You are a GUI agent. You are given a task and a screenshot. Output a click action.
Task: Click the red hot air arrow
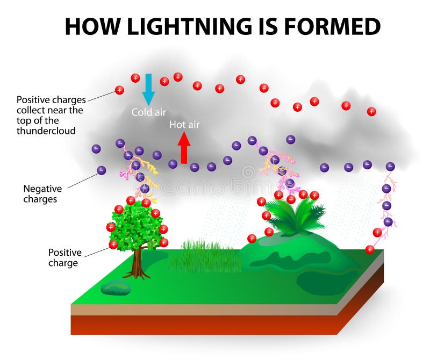coord(184,147)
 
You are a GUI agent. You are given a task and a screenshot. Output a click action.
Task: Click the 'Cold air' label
coord(149,112)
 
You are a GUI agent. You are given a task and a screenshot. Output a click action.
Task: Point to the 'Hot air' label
coord(184,125)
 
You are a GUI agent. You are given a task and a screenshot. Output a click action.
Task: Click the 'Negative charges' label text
coord(42,194)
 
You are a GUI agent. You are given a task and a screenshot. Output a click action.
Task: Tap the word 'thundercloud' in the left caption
coord(46,131)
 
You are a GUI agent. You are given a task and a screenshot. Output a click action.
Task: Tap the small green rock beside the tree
coord(116,288)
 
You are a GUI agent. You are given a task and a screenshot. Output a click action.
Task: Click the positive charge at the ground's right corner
coord(370,249)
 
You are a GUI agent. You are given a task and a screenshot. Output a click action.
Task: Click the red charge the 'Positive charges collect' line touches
coord(119,90)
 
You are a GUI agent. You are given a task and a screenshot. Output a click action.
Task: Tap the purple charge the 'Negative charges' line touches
coord(101,170)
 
